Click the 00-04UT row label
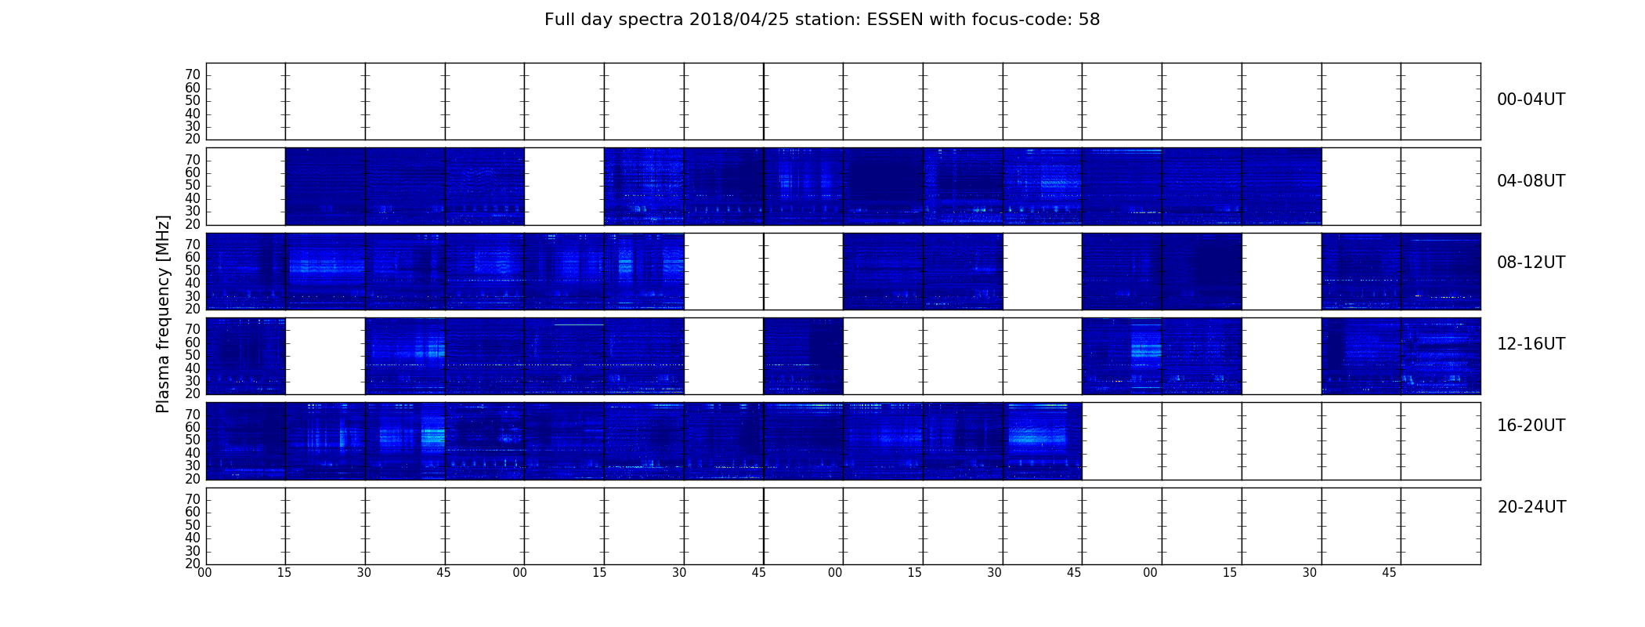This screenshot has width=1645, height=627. point(1531,100)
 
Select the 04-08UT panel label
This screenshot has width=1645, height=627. point(1531,181)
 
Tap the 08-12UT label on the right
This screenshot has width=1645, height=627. point(1531,263)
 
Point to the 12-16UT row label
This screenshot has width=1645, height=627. point(1531,344)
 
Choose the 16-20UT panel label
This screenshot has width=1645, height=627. point(1531,426)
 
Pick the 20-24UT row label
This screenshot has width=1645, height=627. point(1531,507)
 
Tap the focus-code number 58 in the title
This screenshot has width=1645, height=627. point(1089,20)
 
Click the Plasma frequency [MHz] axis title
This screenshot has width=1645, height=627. point(163,313)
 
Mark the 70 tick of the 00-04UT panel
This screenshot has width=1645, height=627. point(193,75)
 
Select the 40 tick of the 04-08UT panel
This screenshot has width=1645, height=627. point(193,198)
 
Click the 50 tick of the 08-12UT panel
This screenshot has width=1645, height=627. point(193,270)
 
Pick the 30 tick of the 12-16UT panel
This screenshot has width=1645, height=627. point(193,381)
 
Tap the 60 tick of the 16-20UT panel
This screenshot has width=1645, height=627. point(193,427)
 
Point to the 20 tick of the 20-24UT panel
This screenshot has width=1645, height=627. point(193,564)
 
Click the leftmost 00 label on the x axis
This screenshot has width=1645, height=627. point(204,573)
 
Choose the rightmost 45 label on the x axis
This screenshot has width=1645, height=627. point(1389,573)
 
